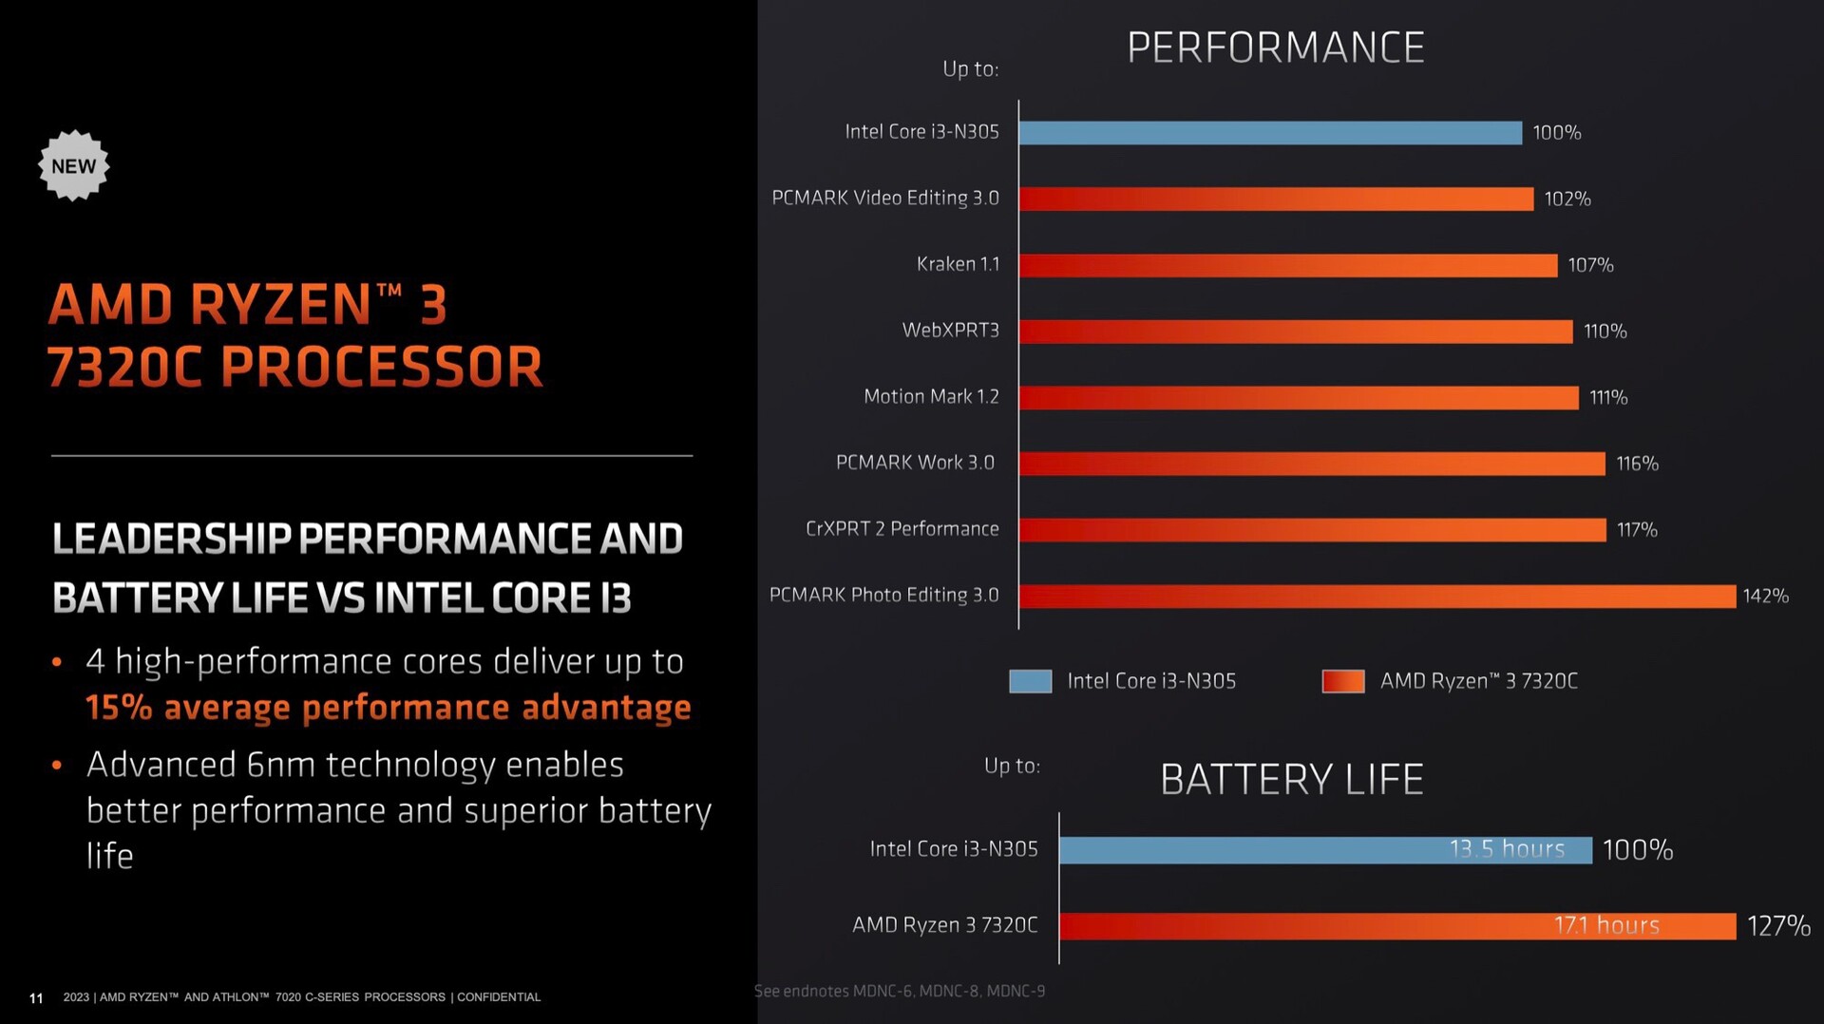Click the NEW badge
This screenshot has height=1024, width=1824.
[x=73, y=166]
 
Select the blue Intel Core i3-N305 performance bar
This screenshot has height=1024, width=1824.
[x=1270, y=133]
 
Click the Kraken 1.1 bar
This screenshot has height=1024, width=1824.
[x=1287, y=265]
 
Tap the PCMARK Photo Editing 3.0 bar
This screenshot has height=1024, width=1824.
[x=1377, y=597]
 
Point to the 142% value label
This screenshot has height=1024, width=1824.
[x=1765, y=597]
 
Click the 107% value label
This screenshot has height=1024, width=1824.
[x=1590, y=265]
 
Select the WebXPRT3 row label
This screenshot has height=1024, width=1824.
[x=950, y=331]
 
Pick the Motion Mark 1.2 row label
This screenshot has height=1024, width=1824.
[x=931, y=397]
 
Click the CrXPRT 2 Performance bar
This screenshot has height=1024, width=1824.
[x=1312, y=530]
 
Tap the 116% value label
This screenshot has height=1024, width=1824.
[x=1637, y=464]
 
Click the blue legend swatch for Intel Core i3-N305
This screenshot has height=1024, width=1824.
[x=1030, y=681]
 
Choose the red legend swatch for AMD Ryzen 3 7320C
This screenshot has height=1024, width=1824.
[x=1342, y=681]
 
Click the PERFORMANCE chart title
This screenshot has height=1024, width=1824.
[x=1275, y=47]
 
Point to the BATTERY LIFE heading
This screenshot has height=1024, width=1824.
[x=1291, y=780]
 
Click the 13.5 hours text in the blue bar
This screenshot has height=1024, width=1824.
[x=1507, y=849]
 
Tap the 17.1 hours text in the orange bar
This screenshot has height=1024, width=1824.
[x=1606, y=925]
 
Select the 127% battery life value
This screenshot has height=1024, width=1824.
[x=1778, y=926]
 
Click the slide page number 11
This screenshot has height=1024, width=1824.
[x=36, y=998]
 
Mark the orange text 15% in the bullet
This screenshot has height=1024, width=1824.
[x=118, y=708]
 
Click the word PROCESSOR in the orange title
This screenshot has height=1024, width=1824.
[x=382, y=368]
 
